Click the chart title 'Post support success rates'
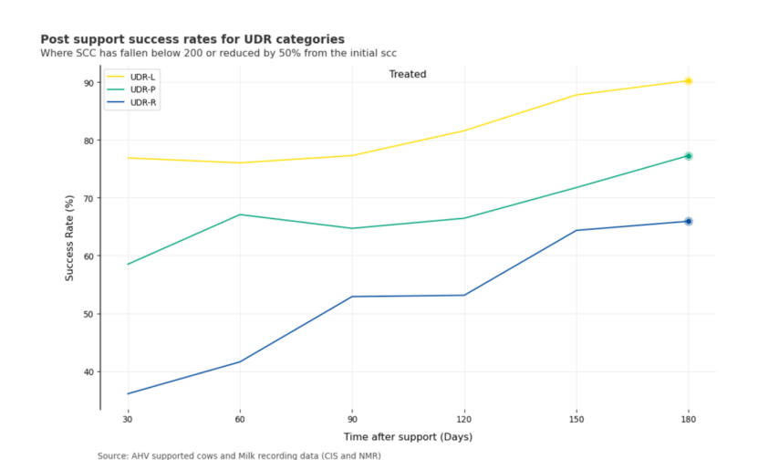pyautogui.click(x=192, y=39)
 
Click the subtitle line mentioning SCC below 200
pyautogui.click(x=218, y=54)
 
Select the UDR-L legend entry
pyautogui.click(x=142, y=77)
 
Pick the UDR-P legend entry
pyautogui.click(x=142, y=89)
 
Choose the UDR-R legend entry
pyautogui.click(x=142, y=102)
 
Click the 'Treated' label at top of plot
pyautogui.click(x=407, y=74)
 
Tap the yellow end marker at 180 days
pyautogui.click(x=689, y=81)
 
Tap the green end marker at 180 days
pyautogui.click(x=689, y=156)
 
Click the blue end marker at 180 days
pyautogui.click(x=689, y=221)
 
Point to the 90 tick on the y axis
pyautogui.click(x=88, y=83)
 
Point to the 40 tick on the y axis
pyautogui.click(x=88, y=372)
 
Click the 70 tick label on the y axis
pyautogui.click(x=88, y=198)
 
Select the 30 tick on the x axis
pyautogui.click(x=127, y=419)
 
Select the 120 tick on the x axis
pyautogui.click(x=464, y=419)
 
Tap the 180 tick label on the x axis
pyautogui.click(x=689, y=419)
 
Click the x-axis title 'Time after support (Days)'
pyautogui.click(x=407, y=437)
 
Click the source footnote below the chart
pyautogui.click(x=239, y=455)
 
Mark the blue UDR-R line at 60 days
pyautogui.click(x=240, y=361)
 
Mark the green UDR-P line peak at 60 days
pyautogui.click(x=240, y=214)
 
